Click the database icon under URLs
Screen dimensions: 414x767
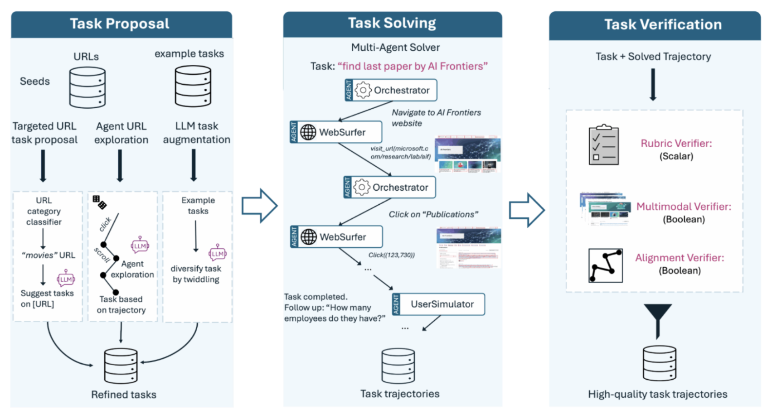[87, 87]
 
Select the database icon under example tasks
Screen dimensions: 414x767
[193, 86]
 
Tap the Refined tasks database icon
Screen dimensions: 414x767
[121, 366]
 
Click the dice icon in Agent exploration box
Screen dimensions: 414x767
[99, 202]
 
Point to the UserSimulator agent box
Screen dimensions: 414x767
[438, 304]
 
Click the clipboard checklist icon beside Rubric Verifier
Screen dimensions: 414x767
[603, 145]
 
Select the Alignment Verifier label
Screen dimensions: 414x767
[679, 258]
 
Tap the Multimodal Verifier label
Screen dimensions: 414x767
[684, 207]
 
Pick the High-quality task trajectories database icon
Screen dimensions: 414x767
[659, 363]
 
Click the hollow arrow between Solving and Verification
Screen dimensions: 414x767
[526, 210]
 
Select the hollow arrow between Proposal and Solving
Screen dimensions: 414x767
[259, 206]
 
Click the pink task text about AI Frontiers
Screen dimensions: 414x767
[412, 66]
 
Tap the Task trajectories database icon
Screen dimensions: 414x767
[398, 366]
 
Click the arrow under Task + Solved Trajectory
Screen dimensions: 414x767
[653, 84]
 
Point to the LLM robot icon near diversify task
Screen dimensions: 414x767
[217, 253]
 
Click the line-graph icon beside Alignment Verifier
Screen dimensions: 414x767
[605, 265]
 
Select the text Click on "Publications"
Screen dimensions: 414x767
[433, 214]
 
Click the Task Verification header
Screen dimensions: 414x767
[662, 24]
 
